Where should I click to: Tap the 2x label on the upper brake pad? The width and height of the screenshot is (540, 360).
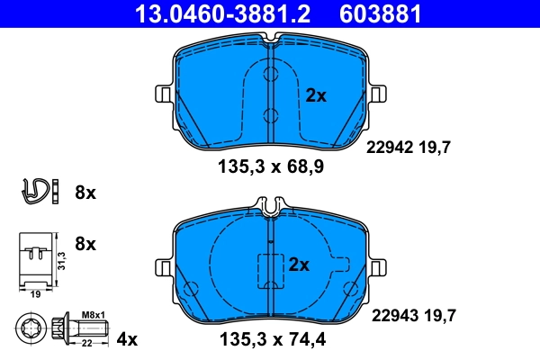pos(315,94)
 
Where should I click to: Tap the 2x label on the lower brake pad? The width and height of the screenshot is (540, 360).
pos(299,265)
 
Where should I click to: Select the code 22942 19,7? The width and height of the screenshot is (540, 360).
pos(408,149)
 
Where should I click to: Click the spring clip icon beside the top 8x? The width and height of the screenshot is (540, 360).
pos(34,191)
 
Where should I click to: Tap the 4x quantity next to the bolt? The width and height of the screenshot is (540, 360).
pos(128,339)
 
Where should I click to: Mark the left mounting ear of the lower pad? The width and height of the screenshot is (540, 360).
pos(164,265)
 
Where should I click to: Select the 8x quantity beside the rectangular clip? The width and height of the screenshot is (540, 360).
pos(85,244)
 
